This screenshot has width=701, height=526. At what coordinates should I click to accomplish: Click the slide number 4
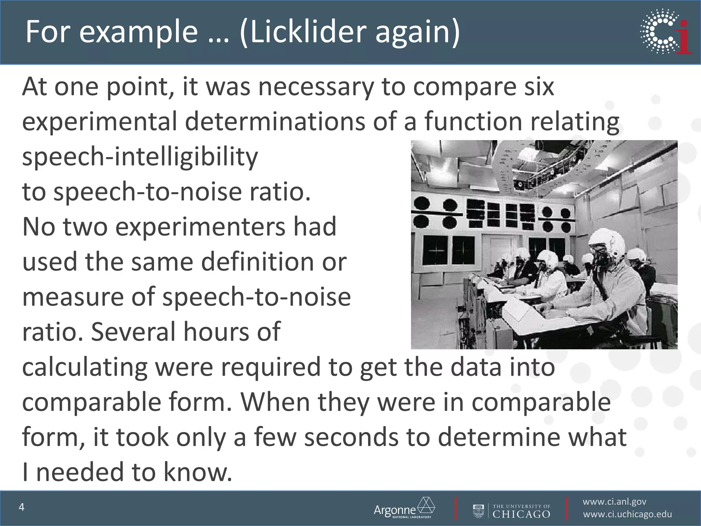(x=22, y=507)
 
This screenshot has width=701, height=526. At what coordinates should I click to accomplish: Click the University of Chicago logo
(x=512, y=508)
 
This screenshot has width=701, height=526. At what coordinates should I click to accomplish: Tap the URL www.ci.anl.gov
(x=614, y=502)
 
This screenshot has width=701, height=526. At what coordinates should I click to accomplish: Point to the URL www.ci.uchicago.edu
(x=627, y=514)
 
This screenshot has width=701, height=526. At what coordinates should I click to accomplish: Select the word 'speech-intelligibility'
(x=140, y=157)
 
